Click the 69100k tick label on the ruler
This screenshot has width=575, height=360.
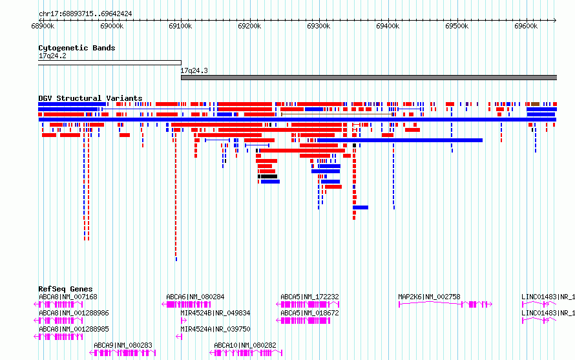(x=180, y=26)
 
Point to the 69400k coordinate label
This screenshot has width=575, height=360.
(x=388, y=26)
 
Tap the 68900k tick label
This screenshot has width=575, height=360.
(x=43, y=26)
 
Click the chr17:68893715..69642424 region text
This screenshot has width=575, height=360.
(x=85, y=14)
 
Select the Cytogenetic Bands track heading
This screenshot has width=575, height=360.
(x=77, y=48)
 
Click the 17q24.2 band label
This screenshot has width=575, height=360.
(x=52, y=56)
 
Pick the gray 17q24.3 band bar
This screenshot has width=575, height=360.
(x=369, y=78)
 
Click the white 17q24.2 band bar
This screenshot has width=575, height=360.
(x=110, y=63)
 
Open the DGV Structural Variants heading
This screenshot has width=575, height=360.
(x=90, y=98)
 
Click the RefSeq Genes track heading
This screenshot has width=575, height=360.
(x=65, y=289)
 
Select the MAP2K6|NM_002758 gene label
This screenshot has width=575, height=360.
(x=429, y=297)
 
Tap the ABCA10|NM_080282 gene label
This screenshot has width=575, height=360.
(x=245, y=345)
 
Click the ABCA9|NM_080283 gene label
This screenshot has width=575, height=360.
(x=123, y=345)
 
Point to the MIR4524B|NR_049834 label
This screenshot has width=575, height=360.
(x=215, y=313)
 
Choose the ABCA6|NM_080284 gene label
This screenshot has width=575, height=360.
(x=195, y=297)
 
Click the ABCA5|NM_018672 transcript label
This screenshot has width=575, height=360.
(x=309, y=313)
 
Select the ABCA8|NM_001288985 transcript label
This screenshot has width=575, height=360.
(x=74, y=329)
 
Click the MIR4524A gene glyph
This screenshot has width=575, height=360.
(x=179, y=337)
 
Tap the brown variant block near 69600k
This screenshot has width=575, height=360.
(x=535, y=104)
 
